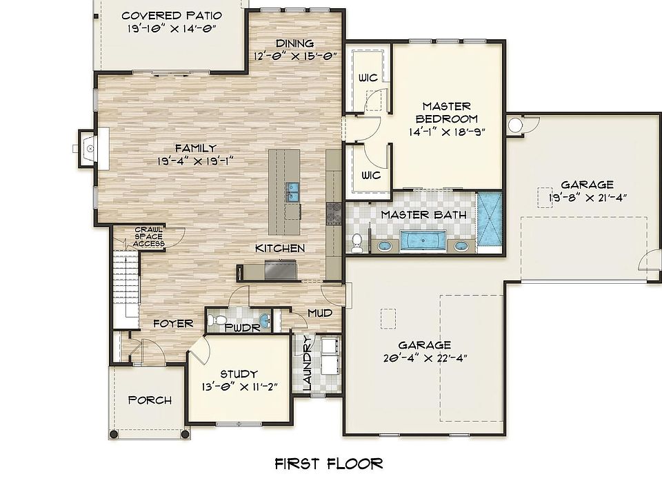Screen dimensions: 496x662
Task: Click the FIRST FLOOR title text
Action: tap(328, 463)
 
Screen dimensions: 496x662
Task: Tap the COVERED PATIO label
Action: tap(172, 16)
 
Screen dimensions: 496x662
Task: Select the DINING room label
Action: tap(294, 43)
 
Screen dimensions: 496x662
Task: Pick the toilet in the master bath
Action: tap(356, 242)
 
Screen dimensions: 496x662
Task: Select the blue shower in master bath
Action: tap(491, 218)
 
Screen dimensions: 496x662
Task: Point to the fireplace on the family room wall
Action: tap(86, 147)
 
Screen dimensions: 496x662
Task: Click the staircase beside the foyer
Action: tap(127, 289)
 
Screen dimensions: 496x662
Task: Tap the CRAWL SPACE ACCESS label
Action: tap(149, 236)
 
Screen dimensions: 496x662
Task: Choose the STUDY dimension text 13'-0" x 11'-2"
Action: tap(239, 386)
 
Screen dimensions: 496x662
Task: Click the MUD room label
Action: tap(320, 313)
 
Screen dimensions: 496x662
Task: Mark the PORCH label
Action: tap(150, 400)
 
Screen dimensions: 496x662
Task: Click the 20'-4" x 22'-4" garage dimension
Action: tap(424, 358)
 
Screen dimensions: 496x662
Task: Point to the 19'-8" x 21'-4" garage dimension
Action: tap(587, 197)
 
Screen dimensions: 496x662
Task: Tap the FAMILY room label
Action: tap(195, 148)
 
